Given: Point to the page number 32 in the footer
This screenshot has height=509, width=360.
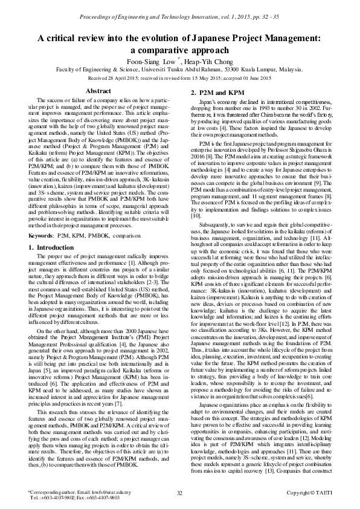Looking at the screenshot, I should [x=179, y=493].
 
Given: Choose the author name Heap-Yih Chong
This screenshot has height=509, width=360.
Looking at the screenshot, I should [x=207, y=62].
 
